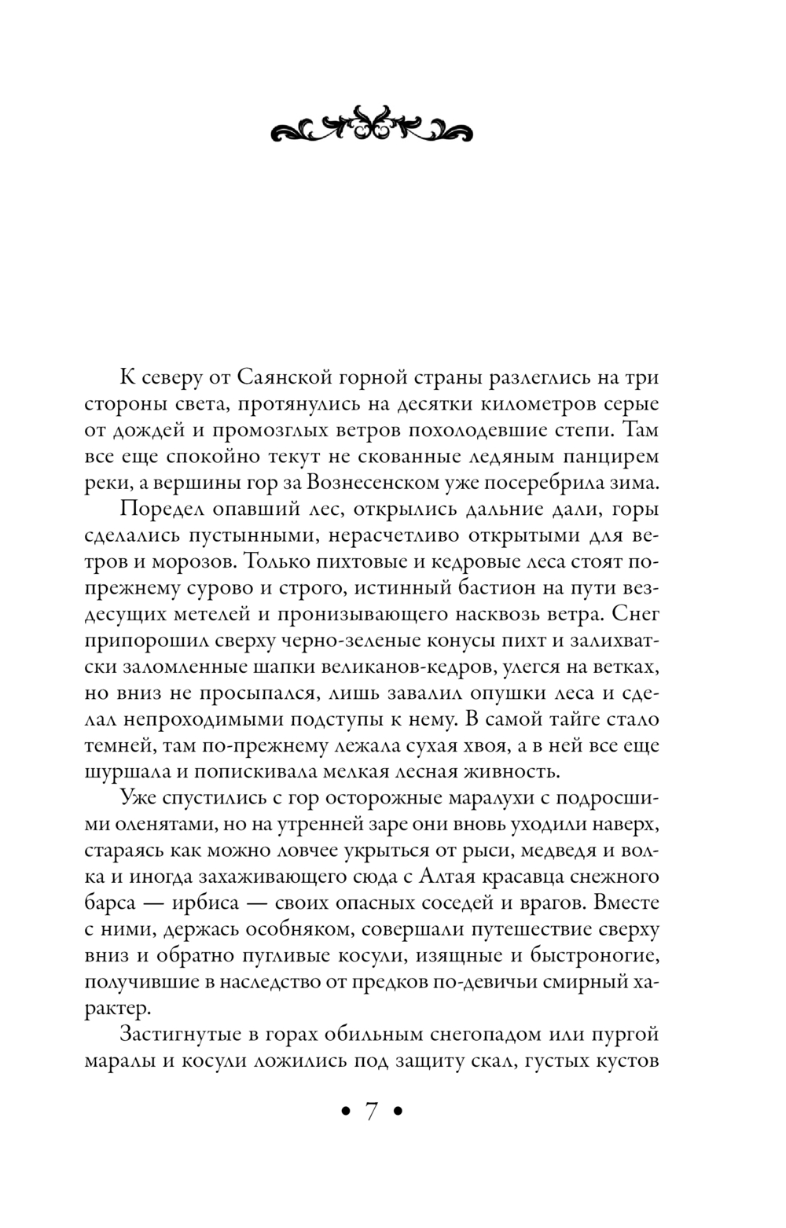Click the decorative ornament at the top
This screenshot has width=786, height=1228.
tap(371, 126)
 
